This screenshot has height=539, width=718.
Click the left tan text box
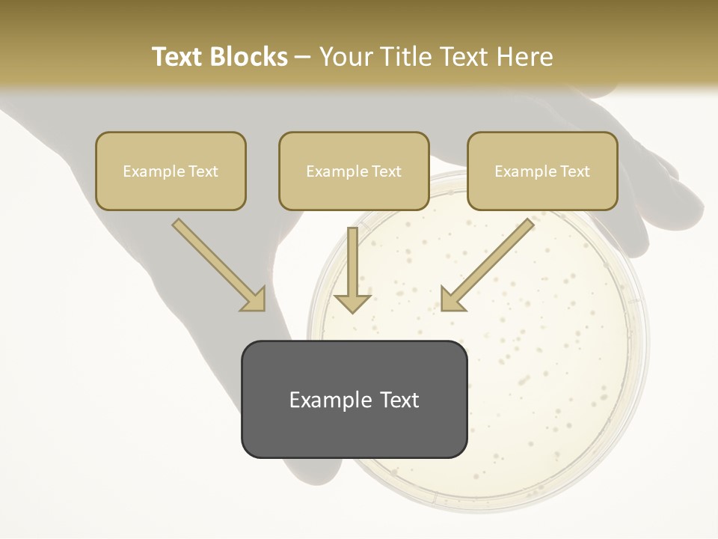tap(171, 171)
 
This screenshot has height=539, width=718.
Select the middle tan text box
tap(354, 171)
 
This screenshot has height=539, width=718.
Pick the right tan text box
tap(542, 171)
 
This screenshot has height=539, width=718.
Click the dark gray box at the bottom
tap(354, 399)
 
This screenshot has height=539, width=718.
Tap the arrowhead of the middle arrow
tap(352, 302)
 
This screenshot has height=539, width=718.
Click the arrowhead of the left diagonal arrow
tap(254, 299)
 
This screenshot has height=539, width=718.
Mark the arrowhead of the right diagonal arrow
tap(452, 299)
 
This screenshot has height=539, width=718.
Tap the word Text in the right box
tap(574, 171)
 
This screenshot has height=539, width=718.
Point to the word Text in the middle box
tap(386, 171)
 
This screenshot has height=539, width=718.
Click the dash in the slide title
tap(303, 57)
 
